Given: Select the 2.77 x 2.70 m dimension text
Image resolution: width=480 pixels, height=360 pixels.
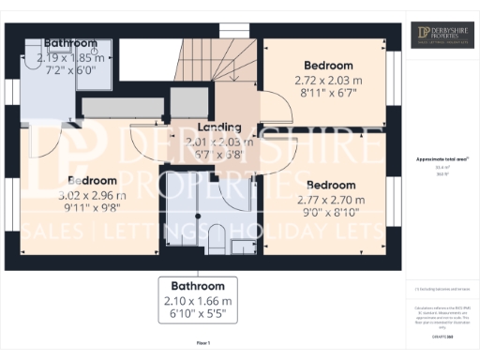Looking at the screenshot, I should [x=331, y=200].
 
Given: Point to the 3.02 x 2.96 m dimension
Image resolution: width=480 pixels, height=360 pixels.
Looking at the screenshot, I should [x=92, y=195].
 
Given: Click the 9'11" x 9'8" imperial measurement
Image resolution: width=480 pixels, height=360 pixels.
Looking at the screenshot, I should [x=92, y=209].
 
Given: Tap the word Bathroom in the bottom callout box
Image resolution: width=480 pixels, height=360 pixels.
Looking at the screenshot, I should [x=198, y=285].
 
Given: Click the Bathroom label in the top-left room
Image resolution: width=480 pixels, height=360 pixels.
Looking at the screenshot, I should [x=70, y=43].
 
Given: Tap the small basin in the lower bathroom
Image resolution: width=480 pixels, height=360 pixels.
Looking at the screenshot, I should [x=242, y=247].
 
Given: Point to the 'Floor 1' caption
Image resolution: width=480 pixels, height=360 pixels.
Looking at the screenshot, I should [x=202, y=344].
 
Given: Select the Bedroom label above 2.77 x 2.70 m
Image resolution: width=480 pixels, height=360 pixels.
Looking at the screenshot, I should [x=330, y=185].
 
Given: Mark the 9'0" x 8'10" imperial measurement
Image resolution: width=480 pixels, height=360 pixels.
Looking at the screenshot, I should [x=331, y=214].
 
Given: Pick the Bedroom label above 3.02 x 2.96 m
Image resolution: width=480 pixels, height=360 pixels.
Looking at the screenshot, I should [x=92, y=180].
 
